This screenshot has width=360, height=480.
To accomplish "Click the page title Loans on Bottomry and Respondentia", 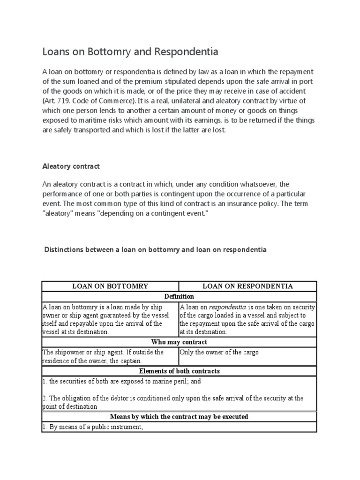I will (x=130, y=52).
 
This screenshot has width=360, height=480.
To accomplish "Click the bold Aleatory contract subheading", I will (x=71, y=166).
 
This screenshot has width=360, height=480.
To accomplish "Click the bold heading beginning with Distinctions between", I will (x=155, y=250).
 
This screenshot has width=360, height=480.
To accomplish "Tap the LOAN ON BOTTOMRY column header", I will (x=110, y=286).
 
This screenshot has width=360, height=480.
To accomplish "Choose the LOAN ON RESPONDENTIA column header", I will (x=247, y=286).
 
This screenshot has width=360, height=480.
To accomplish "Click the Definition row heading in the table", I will (x=179, y=296).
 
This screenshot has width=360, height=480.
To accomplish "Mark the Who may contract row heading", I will (x=179, y=342).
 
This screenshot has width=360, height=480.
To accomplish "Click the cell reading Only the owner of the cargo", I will (x=219, y=352).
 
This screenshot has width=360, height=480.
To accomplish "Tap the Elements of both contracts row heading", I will (x=179, y=371).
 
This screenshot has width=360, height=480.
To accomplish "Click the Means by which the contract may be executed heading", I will (x=179, y=416).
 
